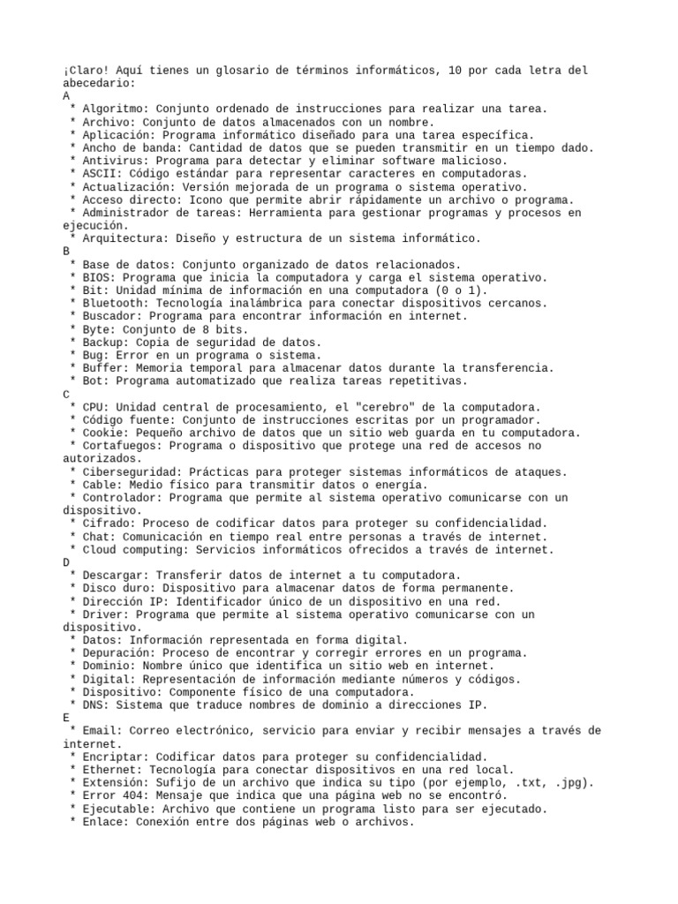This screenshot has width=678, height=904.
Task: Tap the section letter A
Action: [67, 95]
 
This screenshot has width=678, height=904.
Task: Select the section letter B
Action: [67, 252]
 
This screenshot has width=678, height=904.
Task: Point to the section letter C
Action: [67, 394]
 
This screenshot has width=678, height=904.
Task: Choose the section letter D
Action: [67, 562]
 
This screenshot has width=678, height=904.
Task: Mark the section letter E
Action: [67, 719]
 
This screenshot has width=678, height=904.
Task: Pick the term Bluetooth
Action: [111, 304]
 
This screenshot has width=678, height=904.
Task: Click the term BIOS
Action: [95, 277]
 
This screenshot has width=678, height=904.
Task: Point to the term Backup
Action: [102, 343]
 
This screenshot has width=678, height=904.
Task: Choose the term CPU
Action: [92, 407]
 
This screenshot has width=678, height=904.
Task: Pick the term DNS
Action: [92, 705]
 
